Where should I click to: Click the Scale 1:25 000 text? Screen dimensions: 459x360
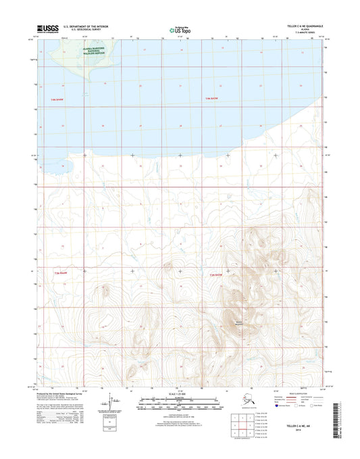[180, 394]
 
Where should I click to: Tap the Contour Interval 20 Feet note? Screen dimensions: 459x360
[180, 413]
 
